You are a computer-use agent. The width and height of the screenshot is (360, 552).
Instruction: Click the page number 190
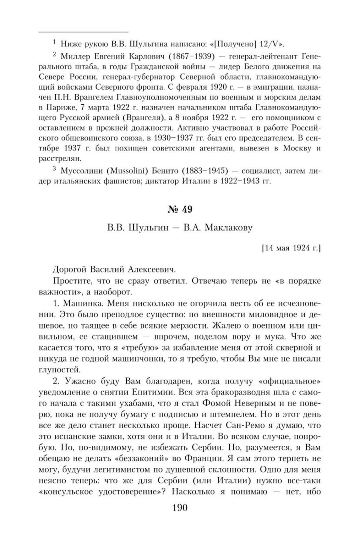(180, 516)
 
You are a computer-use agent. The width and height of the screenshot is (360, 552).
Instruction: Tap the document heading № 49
(180, 209)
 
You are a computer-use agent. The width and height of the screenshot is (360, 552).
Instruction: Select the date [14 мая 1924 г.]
(291, 248)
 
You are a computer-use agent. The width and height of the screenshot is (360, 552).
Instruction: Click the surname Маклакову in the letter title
(228, 227)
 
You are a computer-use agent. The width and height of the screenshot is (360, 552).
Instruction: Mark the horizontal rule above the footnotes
(84, 32)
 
